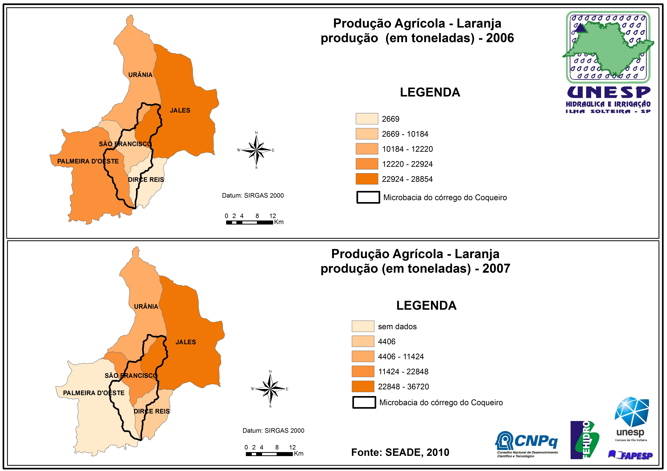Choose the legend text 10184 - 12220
407,149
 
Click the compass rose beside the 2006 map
256,150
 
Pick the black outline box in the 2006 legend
368,197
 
